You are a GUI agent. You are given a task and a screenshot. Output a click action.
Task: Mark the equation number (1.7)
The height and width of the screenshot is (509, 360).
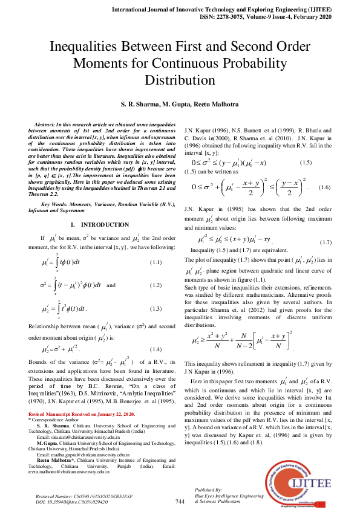326,241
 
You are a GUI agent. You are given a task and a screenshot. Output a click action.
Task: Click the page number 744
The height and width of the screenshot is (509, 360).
180,501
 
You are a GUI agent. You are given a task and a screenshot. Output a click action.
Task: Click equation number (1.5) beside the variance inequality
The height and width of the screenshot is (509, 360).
306,163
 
